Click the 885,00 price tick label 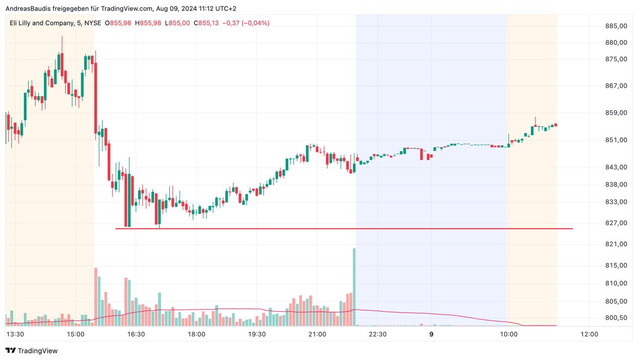(615, 26)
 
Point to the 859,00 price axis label (615, 113)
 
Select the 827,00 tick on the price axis (615, 223)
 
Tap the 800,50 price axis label (615, 318)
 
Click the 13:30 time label (15, 334)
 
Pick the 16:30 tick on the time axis (136, 334)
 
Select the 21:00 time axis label (317, 334)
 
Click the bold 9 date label (431, 334)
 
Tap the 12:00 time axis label (589, 334)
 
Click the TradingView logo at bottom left (31, 351)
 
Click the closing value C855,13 (206, 23)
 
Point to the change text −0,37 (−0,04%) (245, 23)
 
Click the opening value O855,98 (118, 23)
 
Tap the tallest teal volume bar (354, 287)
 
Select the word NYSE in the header (93, 23)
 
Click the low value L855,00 (177, 23)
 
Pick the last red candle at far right (555, 125)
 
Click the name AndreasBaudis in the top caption (28, 8)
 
